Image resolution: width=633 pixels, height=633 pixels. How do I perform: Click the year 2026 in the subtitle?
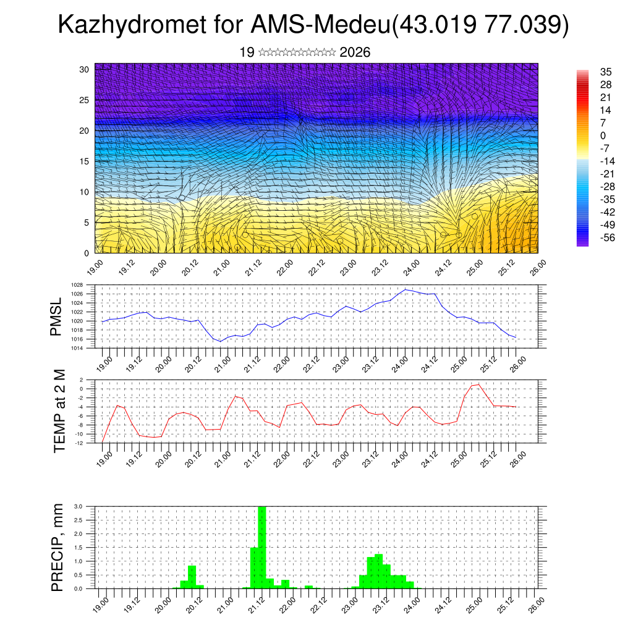(355, 53)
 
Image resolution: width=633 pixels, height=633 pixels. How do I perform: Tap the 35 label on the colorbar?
(606, 72)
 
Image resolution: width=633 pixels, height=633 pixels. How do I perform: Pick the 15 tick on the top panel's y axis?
(85, 161)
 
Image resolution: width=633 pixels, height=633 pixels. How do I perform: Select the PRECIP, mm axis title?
(57, 547)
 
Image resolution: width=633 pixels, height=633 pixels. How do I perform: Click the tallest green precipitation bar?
(261, 547)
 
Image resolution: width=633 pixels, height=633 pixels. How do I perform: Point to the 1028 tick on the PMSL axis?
(77, 285)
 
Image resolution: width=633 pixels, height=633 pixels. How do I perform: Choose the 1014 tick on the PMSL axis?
(77, 348)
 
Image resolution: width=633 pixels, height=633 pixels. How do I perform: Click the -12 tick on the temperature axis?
(79, 443)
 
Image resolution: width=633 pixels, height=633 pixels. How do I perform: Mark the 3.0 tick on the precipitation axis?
(79, 506)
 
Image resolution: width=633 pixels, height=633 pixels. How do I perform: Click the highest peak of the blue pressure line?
(405, 289)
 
